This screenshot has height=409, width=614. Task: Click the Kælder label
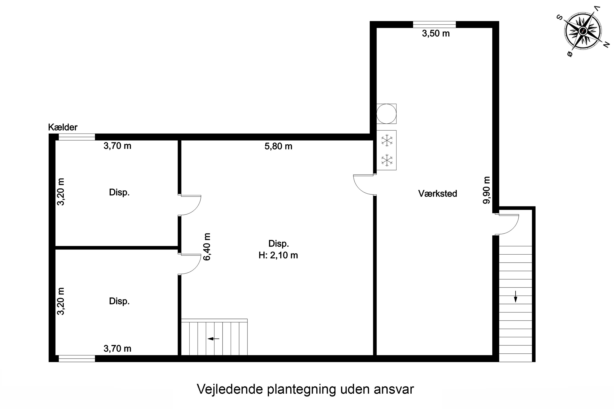[63, 127]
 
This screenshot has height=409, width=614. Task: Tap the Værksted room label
[438, 193]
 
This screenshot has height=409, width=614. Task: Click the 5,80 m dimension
[278, 146]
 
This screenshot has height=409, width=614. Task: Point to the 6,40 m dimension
[207, 247]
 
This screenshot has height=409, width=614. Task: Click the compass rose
[583, 31]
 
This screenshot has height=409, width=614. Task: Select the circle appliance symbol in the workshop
[386, 114]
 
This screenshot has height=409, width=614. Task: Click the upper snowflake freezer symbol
[387, 140]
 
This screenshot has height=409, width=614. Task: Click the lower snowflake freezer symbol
[387, 160]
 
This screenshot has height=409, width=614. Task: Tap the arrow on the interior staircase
[213, 339]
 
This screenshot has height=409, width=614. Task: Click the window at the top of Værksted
[434, 25]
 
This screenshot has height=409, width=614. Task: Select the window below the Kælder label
[77, 137]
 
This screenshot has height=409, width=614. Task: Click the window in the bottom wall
[77, 359]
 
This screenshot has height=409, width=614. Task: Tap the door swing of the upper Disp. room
[191, 205]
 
